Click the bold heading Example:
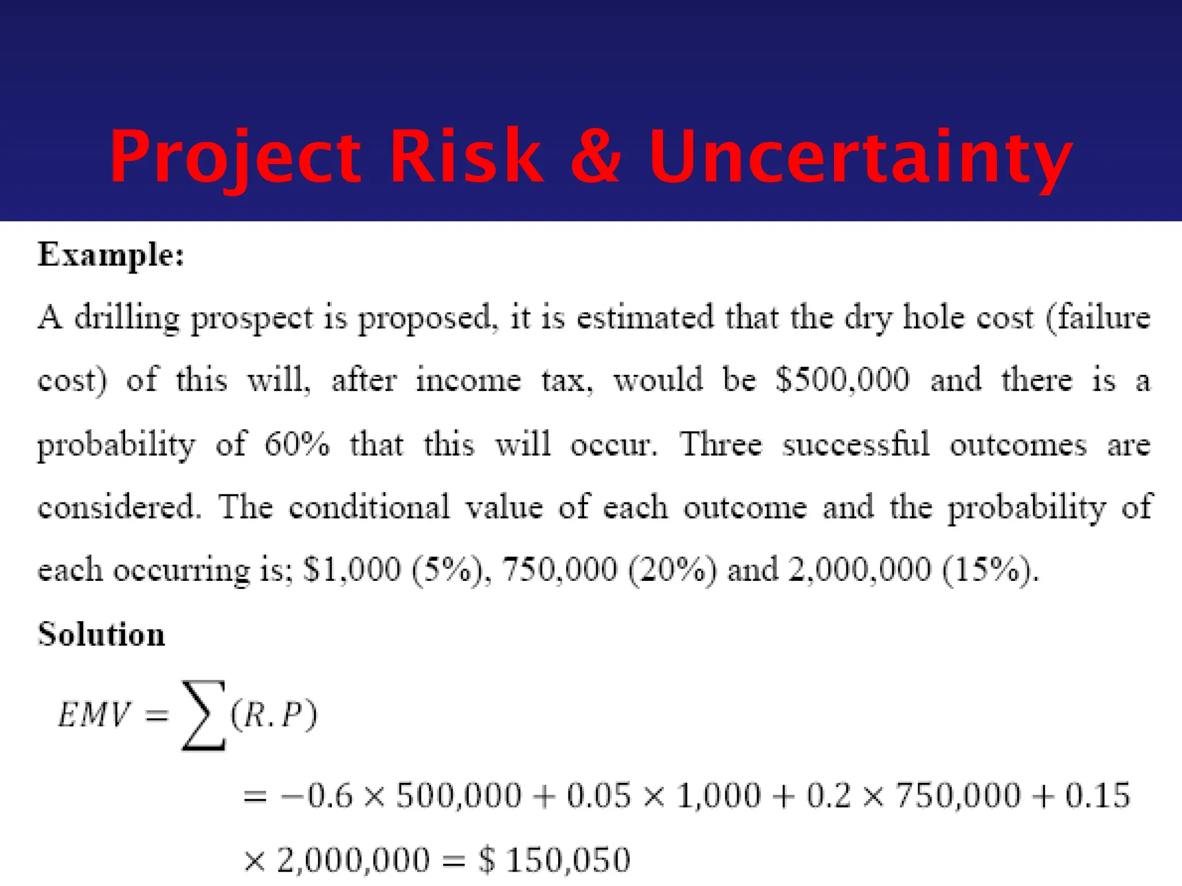pos(111,254)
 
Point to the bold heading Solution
pos(102,635)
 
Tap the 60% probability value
pos(297,445)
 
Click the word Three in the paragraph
pos(720,445)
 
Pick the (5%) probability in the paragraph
pos(447,570)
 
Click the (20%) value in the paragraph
pos(672,570)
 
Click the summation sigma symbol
pos(203,715)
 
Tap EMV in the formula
pos(94,715)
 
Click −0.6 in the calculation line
pos(316,796)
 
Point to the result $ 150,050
pos(554,860)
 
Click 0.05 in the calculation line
pos(599,796)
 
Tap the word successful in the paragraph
pos(856,445)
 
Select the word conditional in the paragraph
pos(369,508)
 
